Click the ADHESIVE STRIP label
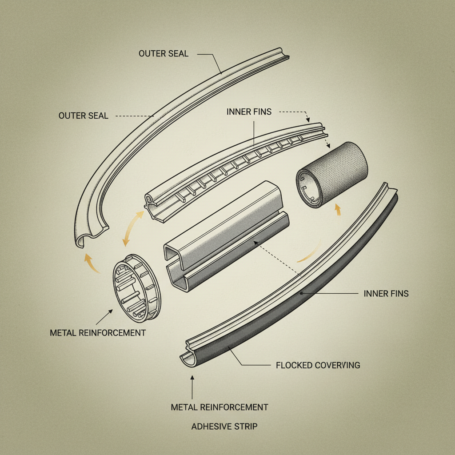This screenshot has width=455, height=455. (x=224, y=427)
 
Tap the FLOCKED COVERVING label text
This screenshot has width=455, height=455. (x=318, y=365)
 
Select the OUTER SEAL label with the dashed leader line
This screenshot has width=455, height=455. (x=83, y=116)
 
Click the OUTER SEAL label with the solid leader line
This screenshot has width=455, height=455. (x=164, y=54)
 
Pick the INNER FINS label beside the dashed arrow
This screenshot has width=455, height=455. (x=249, y=112)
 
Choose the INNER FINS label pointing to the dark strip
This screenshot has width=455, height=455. (x=386, y=293)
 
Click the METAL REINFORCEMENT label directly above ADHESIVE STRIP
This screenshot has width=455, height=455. (x=220, y=407)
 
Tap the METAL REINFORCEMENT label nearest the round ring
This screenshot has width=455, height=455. (x=98, y=332)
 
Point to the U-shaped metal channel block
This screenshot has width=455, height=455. (x=227, y=235)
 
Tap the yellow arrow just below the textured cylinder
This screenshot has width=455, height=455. (x=337, y=209)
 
